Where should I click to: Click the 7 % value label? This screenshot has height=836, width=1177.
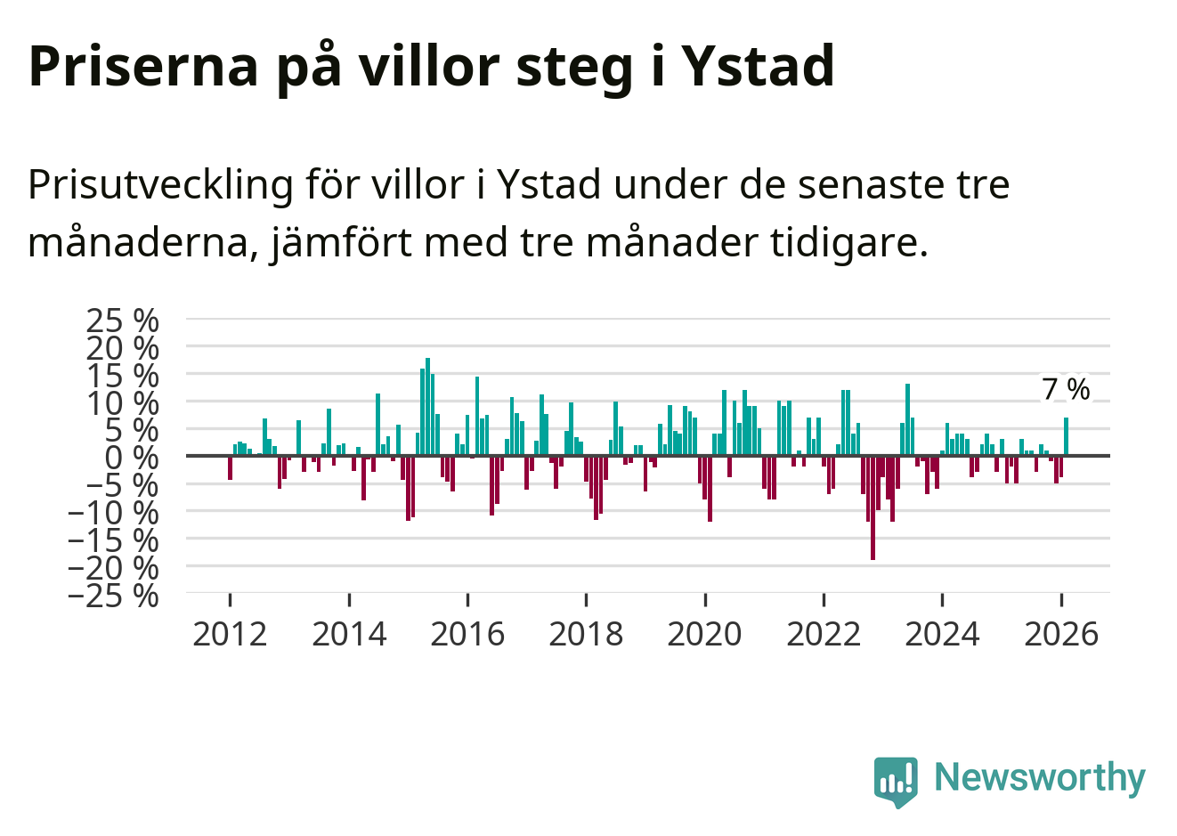(1066, 389)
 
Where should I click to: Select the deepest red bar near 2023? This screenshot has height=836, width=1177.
(873, 507)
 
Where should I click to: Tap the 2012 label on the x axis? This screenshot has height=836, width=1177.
(230, 634)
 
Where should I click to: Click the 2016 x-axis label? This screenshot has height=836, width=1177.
(467, 634)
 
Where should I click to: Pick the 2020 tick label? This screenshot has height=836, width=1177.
(704, 634)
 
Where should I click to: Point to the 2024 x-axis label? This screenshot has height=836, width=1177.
(942, 634)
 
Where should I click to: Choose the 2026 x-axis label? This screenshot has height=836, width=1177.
(1061, 634)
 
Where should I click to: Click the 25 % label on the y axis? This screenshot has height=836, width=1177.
(122, 319)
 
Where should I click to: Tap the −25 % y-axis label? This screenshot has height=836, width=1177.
(113, 594)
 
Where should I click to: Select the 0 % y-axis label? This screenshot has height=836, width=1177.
(132, 457)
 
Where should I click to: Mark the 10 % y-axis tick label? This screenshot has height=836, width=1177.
(122, 402)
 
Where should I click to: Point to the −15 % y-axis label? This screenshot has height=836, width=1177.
(113, 539)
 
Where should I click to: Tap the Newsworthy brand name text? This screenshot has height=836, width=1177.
(1039, 777)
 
